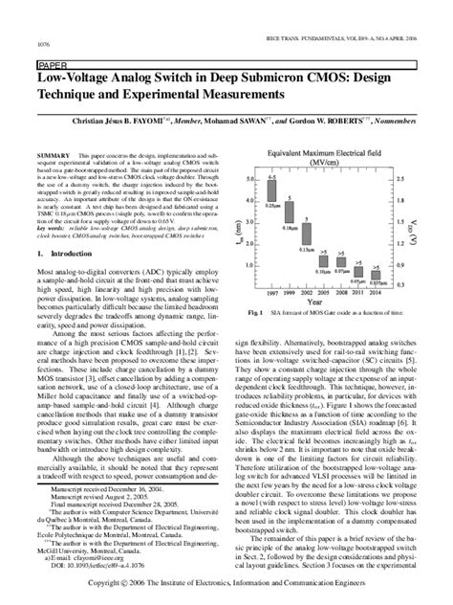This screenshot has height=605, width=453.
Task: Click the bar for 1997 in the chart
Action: (272, 187)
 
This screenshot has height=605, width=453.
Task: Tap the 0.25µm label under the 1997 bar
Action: (273, 205)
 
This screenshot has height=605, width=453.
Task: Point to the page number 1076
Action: (43, 45)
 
